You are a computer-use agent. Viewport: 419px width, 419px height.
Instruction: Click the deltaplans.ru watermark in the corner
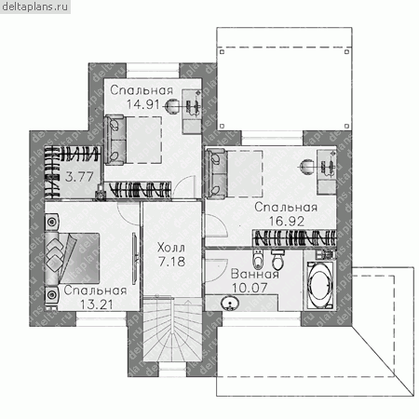click(x=35, y=7)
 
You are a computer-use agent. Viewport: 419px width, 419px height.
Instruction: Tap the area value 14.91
click(x=143, y=104)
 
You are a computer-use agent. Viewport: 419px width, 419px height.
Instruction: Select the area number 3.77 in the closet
click(x=79, y=177)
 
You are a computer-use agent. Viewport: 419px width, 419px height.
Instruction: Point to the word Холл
click(x=171, y=248)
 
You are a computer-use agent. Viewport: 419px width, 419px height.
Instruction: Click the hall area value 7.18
click(x=171, y=262)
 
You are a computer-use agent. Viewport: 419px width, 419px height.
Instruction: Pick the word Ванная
click(x=255, y=274)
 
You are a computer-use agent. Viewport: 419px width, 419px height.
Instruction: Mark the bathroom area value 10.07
click(x=250, y=288)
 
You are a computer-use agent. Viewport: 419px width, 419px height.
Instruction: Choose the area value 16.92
click(x=286, y=221)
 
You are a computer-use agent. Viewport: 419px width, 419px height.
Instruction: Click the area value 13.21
click(x=96, y=304)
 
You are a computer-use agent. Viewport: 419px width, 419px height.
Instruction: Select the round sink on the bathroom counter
click(x=229, y=303)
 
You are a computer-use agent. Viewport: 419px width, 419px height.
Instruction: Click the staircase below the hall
click(x=172, y=329)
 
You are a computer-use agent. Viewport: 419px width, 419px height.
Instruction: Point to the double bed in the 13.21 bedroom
click(x=73, y=259)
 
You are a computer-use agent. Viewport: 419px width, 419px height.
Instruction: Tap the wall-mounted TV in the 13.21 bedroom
click(x=135, y=258)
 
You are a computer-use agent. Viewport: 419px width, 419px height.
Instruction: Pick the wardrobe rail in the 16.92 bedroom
click(x=294, y=238)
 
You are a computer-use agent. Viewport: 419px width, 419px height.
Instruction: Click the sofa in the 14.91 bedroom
click(x=115, y=140)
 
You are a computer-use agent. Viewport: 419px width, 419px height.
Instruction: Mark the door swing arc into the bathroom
click(x=215, y=270)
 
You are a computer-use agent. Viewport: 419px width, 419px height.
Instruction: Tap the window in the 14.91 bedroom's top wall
click(x=153, y=71)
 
